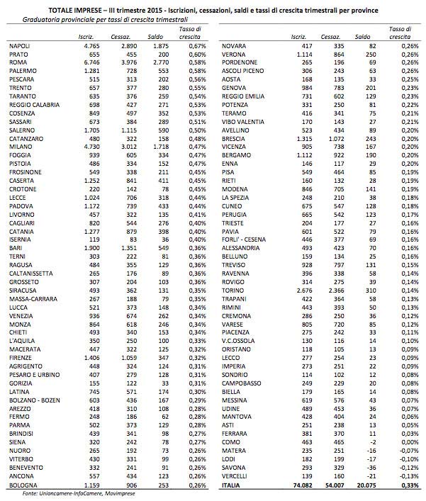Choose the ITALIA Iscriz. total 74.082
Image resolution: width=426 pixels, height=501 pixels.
click(x=301, y=486)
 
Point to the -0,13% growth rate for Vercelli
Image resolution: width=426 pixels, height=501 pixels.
click(x=403, y=478)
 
